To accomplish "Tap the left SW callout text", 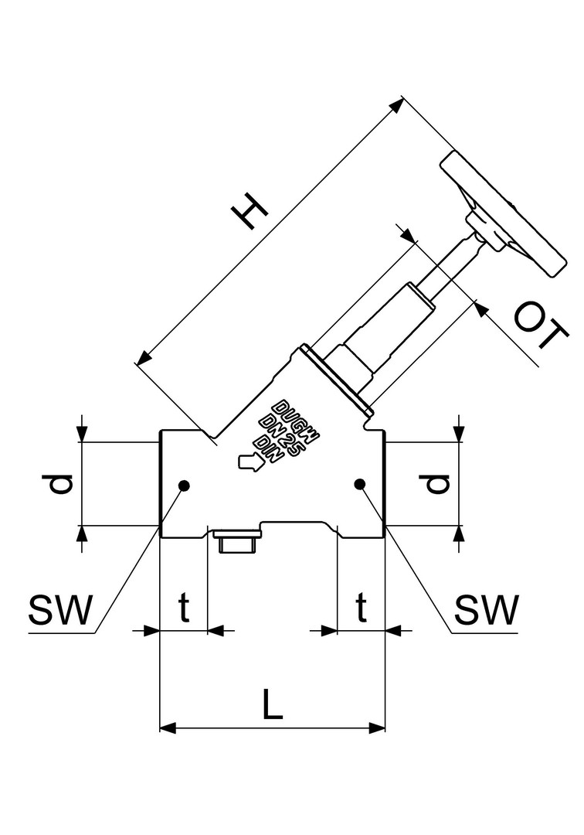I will tap(59, 611).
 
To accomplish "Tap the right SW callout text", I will tap(486, 611).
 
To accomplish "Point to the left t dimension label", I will tap(184, 609).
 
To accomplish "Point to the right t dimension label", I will tap(361, 609).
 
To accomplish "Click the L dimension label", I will tap(271, 704).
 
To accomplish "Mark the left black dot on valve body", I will tap(184, 485).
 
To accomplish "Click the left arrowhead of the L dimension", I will tap(167, 728).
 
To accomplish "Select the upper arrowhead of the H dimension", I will tap(397, 105).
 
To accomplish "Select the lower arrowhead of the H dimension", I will tap(142, 358).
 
